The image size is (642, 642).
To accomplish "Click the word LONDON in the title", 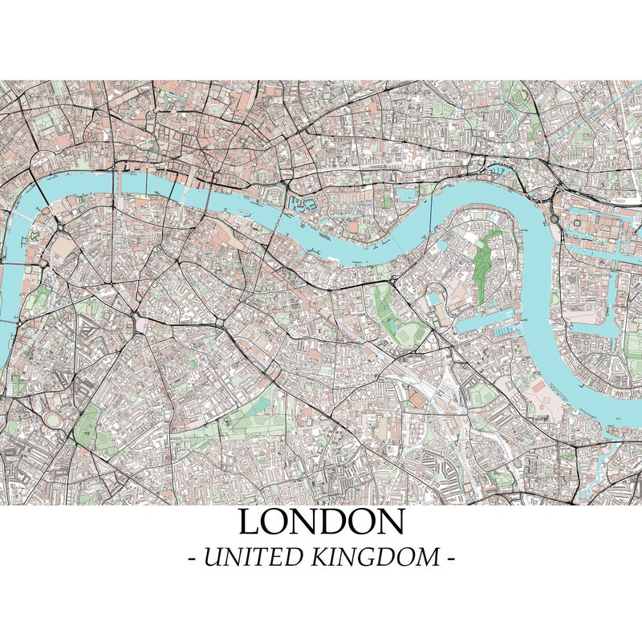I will tap(321, 522).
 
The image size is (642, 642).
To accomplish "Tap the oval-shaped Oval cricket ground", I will tap(54, 419).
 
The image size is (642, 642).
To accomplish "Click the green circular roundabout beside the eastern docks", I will tap(554, 217).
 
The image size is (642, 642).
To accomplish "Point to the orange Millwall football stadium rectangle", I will tap(418, 398).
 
